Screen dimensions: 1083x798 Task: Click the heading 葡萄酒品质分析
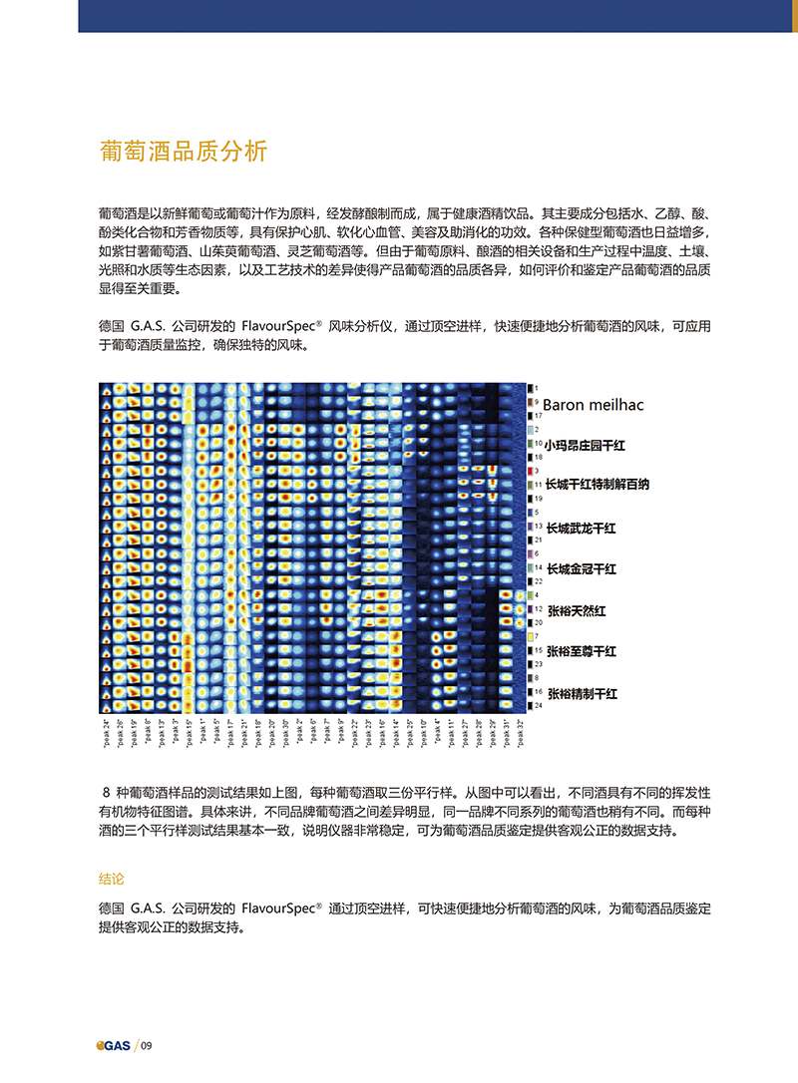point(184,152)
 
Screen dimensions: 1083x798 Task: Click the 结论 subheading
point(112,880)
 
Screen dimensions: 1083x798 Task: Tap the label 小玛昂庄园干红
point(585,444)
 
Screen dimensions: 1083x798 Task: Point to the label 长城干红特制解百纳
point(598,485)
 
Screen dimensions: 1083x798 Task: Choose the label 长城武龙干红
point(582,527)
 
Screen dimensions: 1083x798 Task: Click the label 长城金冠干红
point(582,568)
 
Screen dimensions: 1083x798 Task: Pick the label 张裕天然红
point(576,609)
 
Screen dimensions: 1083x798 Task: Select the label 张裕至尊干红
point(582,651)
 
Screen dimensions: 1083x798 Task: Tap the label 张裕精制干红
point(582,692)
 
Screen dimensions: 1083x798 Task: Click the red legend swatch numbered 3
point(530,470)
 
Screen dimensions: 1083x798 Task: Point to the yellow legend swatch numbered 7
point(530,636)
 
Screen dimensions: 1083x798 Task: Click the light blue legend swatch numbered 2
point(530,429)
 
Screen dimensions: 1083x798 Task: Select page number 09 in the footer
point(147,1045)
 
